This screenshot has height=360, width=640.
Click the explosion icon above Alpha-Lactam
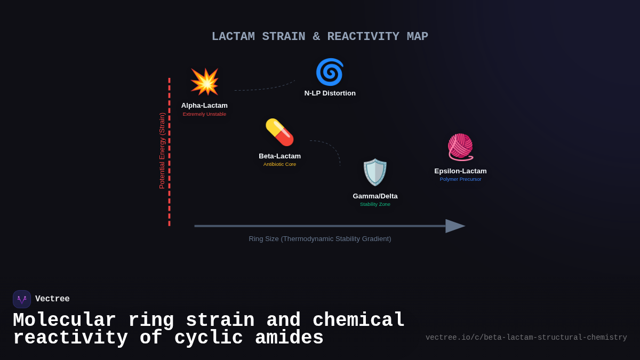204,82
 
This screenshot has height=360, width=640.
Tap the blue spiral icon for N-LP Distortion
330,72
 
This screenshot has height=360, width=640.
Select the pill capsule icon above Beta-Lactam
279,132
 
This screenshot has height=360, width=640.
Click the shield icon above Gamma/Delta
375,172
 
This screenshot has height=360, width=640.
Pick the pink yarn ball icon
460,147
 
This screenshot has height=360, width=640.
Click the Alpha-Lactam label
204,106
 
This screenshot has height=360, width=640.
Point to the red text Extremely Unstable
204,114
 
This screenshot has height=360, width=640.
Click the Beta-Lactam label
279,156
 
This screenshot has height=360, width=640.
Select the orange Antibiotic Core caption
279,164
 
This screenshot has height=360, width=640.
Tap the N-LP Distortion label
330,93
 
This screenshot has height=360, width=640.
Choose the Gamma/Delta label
375,196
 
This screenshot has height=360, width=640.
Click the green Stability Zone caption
375,204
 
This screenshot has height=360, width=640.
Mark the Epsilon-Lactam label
460,171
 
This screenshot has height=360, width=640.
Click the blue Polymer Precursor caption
460,179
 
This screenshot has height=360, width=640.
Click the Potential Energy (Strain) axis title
162,151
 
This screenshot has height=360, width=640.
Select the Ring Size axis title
319,239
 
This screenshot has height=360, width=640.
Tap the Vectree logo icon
22,299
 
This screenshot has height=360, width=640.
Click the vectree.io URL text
526,338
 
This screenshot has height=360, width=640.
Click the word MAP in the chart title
417,37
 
